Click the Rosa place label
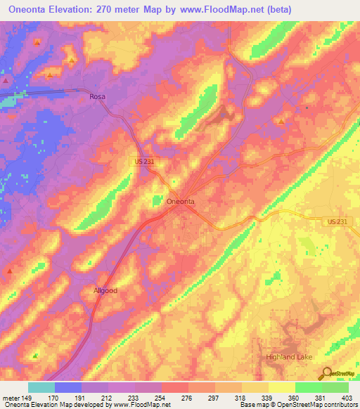(96, 97)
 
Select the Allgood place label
(106, 290)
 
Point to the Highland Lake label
(289, 357)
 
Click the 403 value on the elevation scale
(345, 398)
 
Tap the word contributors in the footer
(342, 405)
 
